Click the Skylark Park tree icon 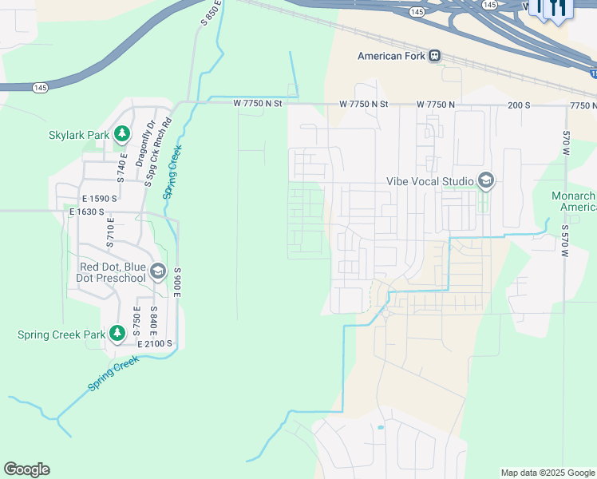point(122,134)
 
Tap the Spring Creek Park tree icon point(117,332)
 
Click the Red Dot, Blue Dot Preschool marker point(157,272)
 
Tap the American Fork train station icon point(434,56)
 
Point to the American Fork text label point(391,56)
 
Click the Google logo point(26,469)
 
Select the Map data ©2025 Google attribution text point(547,473)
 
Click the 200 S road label point(518,105)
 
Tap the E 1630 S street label point(93,212)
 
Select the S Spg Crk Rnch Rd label point(157,152)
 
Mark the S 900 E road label point(178,284)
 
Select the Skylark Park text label point(78,135)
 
